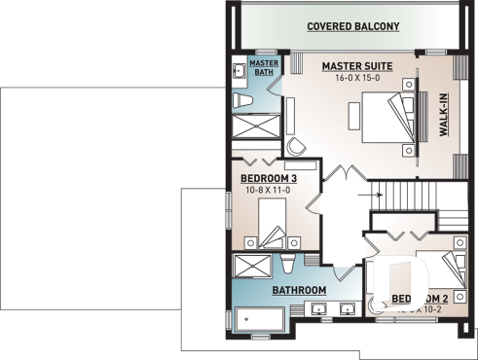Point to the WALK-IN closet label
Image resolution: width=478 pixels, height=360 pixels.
(x=443, y=116)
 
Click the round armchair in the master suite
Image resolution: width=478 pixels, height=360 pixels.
(x=297, y=144)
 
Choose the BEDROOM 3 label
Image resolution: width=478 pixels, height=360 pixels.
(x=268, y=178)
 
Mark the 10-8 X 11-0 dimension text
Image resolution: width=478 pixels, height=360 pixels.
(x=268, y=191)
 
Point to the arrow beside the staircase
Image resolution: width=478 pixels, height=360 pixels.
(x=372, y=194)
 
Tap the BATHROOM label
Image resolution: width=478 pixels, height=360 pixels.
(x=300, y=290)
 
